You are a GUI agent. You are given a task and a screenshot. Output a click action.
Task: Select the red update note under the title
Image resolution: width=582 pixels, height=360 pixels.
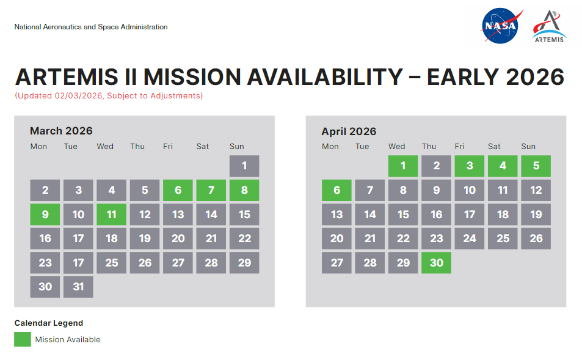pos(109,96)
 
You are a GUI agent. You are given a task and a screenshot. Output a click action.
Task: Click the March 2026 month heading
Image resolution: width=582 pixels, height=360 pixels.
pos(61,131)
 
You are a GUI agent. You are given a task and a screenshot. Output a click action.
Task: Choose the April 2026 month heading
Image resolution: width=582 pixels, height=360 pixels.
pos(349,131)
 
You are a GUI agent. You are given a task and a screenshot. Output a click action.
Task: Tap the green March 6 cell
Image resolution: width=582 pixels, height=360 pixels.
pos(178,190)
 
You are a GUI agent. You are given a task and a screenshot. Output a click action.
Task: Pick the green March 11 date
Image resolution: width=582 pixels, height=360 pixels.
pos(111,215)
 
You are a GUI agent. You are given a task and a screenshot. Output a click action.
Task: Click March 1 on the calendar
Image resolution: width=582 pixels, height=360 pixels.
pos(244,166)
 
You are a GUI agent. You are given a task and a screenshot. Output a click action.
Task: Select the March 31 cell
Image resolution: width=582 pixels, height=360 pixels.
pos(78,287)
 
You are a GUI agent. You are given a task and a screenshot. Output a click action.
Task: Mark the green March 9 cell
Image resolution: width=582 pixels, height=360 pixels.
pos(45,215)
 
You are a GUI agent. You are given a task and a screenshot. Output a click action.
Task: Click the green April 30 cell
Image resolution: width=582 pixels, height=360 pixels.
pos(436,263)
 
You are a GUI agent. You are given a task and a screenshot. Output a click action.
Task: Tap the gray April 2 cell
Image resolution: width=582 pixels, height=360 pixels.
pos(436,166)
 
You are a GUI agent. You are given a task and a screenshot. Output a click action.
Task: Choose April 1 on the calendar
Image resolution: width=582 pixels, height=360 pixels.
pos(403,166)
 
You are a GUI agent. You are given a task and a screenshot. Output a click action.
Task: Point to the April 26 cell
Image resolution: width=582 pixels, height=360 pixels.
pos(536,238)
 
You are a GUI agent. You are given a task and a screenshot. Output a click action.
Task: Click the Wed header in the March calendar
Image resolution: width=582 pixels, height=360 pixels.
pos(105,147)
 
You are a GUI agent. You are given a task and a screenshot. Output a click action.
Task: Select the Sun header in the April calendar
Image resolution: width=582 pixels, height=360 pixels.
pos(528,147)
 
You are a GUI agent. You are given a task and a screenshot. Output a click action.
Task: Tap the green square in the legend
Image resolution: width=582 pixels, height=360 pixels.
pos(23,339)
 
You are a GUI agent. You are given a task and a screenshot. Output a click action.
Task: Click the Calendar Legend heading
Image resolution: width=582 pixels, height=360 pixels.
pos(49,323)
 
